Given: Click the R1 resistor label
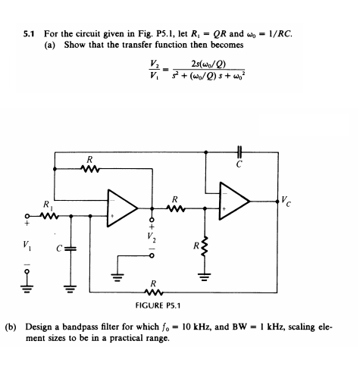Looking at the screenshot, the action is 48,205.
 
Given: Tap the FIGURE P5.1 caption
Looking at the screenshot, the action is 158,305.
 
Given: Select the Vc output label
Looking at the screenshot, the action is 286,201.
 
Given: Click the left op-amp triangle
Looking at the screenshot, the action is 123,208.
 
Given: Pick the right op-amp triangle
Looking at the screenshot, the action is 234,201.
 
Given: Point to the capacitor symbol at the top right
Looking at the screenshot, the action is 239,152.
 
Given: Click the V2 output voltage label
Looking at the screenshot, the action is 152,237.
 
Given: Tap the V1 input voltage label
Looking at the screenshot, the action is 27,246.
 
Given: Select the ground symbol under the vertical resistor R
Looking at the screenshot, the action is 205,277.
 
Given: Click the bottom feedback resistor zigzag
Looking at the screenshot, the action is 154,292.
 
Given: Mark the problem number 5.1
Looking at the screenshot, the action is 30,34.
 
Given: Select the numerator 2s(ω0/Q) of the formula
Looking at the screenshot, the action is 208,64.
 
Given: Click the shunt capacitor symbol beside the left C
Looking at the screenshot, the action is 70,249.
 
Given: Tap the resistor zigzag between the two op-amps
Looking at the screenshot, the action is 176,208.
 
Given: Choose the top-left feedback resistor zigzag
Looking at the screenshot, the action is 90,168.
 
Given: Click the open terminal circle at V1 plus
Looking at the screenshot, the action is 27,217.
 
